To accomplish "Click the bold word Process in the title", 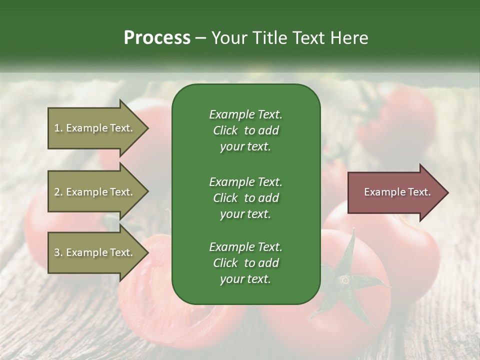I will (x=157, y=38).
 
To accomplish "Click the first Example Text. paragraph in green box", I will (x=245, y=130).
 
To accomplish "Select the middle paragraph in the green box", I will (x=245, y=197).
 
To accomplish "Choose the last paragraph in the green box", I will (x=245, y=263).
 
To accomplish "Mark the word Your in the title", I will (x=229, y=38).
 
